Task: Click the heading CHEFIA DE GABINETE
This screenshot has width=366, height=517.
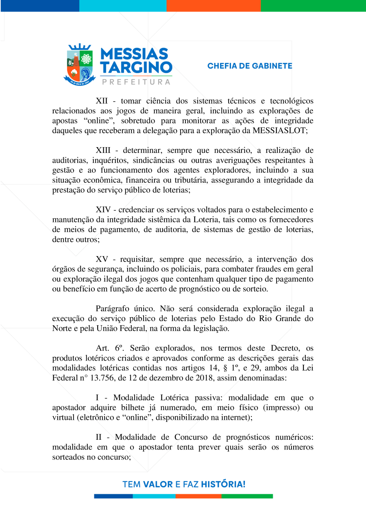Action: (x=250, y=66)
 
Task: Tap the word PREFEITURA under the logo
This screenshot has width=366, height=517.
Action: (x=136, y=82)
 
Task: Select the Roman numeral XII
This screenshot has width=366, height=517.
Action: (x=102, y=101)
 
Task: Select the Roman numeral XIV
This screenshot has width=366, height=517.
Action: (x=104, y=210)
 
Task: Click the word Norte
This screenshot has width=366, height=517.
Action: (x=62, y=328)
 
